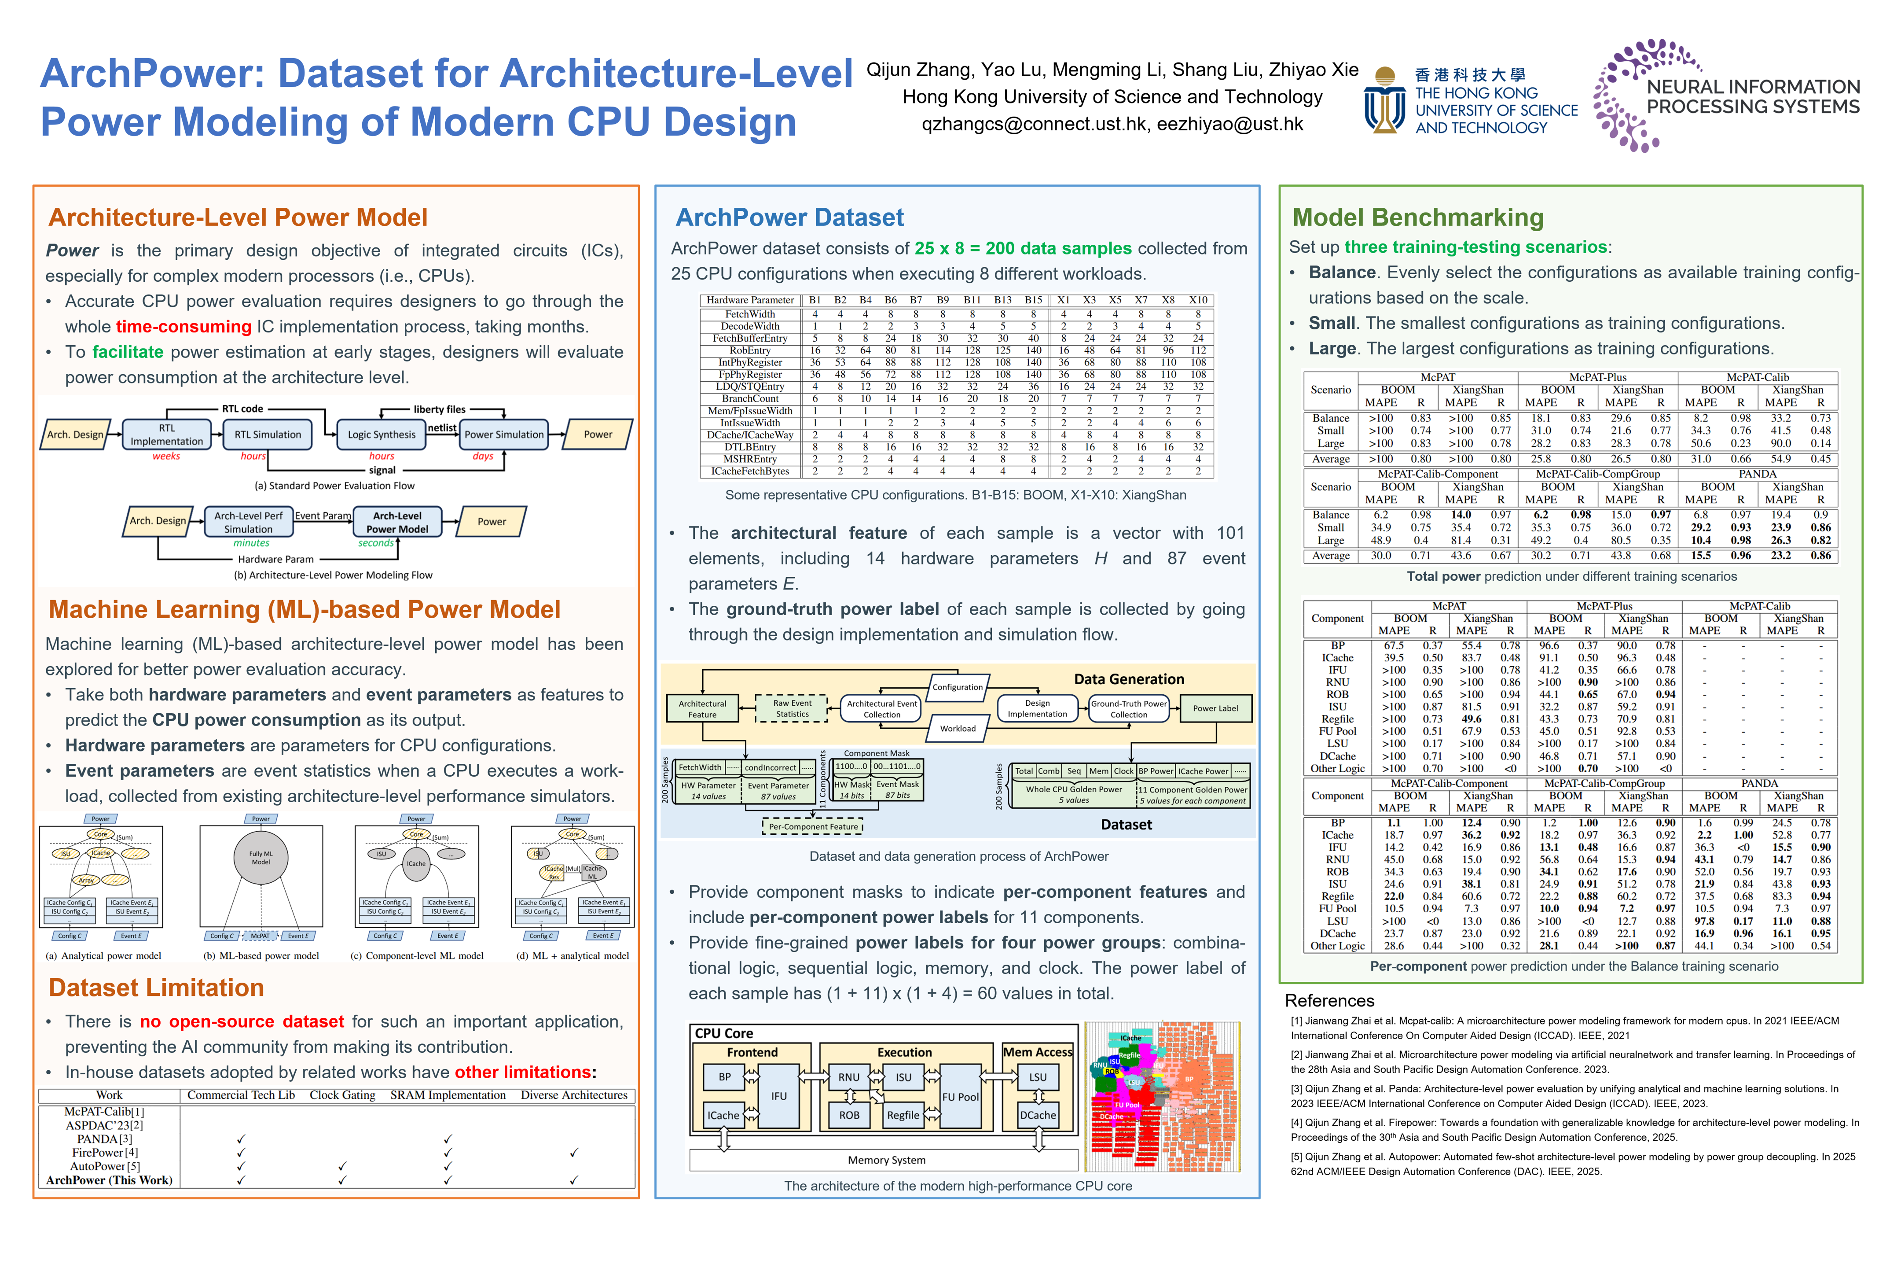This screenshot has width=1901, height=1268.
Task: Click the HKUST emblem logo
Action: coord(1384,100)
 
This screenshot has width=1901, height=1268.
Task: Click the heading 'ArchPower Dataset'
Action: coord(789,217)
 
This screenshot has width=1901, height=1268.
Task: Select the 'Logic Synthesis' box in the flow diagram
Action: coord(382,434)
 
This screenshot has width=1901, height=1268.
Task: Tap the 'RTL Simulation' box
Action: coord(268,434)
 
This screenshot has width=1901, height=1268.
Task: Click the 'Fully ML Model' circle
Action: coord(260,858)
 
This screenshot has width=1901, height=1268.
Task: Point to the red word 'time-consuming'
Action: coord(183,327)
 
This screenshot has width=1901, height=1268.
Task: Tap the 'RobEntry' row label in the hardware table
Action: coord(750,350)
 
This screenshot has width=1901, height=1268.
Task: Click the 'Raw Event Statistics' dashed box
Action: coord(792,708)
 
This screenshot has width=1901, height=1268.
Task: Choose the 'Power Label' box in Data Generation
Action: coord(1215,708)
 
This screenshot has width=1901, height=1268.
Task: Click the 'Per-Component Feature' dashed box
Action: coord(813,826)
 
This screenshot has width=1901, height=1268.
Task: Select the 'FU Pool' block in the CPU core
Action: coord(960,1097)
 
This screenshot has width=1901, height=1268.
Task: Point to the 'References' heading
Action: coord(1329,1000)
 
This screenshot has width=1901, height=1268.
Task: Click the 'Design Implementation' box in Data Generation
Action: coord(1037,708)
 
